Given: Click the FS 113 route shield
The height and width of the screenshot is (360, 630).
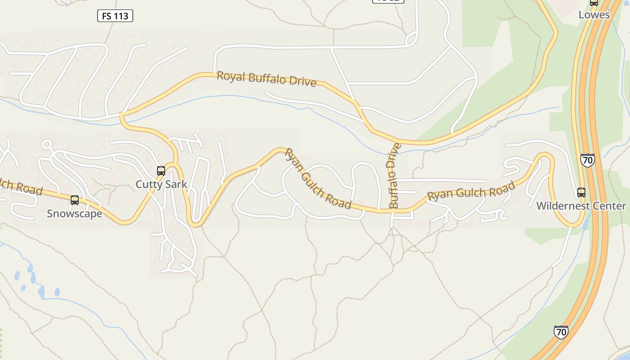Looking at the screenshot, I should coord(115,16).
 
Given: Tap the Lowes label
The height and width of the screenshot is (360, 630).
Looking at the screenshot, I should coord(594,14).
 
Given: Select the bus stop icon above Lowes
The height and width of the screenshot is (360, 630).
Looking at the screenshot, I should coord(594,2).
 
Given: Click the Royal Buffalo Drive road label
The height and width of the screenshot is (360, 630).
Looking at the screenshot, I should coord(266,79).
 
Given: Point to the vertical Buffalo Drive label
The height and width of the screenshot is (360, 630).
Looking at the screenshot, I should coord(393,175).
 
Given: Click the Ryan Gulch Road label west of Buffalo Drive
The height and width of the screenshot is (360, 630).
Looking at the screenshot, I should coord(318,179).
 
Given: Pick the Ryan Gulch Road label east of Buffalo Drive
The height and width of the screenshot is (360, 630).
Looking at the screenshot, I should coord(471,192).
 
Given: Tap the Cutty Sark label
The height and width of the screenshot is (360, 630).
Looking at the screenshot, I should coord(161,184).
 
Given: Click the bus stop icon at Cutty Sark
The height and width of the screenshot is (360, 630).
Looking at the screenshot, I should coord(161,171).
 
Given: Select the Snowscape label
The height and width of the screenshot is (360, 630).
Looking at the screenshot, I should coord(75,213).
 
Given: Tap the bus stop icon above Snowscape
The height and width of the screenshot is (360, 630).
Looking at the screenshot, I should coord(75,200).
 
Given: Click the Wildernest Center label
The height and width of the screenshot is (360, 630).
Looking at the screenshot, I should coord(581,206).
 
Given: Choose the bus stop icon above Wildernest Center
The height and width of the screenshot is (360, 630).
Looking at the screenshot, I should coord(581,193).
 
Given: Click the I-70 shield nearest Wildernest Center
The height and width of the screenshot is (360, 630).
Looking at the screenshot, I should coord(587,160).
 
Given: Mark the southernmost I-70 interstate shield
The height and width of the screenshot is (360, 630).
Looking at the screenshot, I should coord(561,332).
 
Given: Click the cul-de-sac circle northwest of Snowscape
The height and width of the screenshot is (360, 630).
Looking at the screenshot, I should coord(46,144).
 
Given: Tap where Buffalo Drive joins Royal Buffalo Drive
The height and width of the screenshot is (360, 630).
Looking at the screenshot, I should coord(393,143).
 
